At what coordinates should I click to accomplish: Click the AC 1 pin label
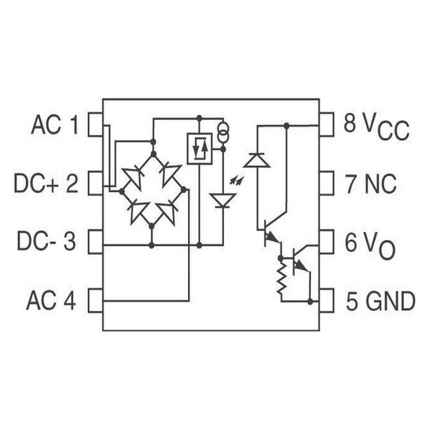pyautogui.click(x=55, y=124)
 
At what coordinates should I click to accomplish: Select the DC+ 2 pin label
pyautogui.click(x=46, y=184)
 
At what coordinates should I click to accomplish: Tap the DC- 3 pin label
pyautogui.click(x=46, y=241)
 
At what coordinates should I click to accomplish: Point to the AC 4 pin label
pyautogui.click(x=51, y=300)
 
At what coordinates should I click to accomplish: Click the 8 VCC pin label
pyautogui.click(x=377, y=127)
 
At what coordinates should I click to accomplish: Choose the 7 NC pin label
pyautogui.click(x=371, y=184)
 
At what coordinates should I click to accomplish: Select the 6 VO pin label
pyautogui.click(x=370, y=245)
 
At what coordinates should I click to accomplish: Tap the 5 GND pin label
pyautogui.click(x=380, y=301)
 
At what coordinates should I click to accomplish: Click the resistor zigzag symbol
pyautogui.click(x=282, y=280)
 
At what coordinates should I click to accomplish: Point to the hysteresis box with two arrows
pyautogui.click(x=199, y=149)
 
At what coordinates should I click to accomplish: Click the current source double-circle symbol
pyautogui.click(x=223, y=132)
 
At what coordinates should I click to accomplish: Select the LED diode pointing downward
pyautogui.click(x=222, y=200)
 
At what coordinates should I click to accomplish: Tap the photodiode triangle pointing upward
pyautogui.click(x=257, y=160)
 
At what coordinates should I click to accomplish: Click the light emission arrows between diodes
pyautogui.click(x=237, y=180)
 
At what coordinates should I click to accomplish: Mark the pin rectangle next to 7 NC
pyautogui.click(x=327, y=183)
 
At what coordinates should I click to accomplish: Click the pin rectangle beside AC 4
pyautogui.click(x=96, y=300)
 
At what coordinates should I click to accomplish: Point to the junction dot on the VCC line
pyautogui.click(x=287, y=126)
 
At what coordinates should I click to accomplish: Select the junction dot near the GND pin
pyautogui.click(x=310, y=302)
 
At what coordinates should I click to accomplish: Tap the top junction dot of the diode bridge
pyautogui.click(x=154, y=154)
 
